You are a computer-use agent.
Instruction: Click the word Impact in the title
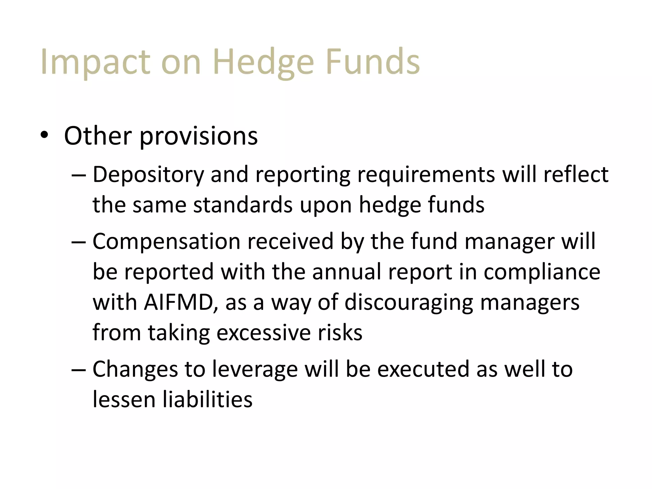pyautogui.click(x=95, y=62)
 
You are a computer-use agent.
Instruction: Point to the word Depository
pyautogui.click(x=148, y=175)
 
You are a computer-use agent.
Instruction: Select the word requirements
pyautogui.click(x=426, y=175)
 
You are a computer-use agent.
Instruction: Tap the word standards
pyautogui.click(x=243, y=205)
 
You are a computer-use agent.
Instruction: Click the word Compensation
pyautogui.click(x=166, y=242)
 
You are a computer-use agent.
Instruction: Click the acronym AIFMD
pyautogui.click(x=178, y=302)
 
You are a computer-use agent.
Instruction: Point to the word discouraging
pyautogui.click(x=408, y=303)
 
